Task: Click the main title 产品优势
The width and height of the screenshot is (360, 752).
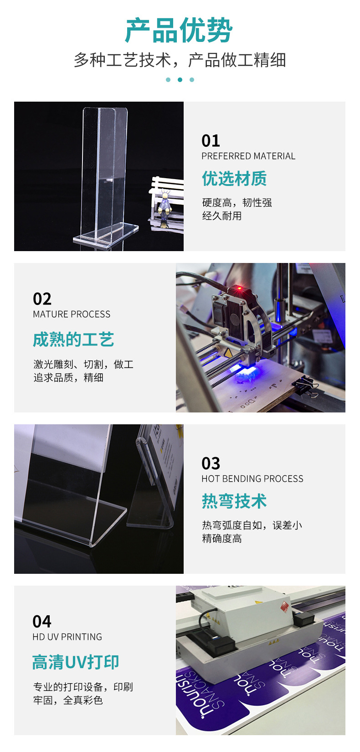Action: [x=179, y=31]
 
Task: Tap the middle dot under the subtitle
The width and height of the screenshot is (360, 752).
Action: [x=180, y=80]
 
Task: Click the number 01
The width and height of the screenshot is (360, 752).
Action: [x=211, y=140]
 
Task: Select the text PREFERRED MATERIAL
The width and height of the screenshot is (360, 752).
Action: [x=248, y=156]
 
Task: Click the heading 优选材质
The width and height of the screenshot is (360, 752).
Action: [x=234, y=179]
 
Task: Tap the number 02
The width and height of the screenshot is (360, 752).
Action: [x=42, y=299]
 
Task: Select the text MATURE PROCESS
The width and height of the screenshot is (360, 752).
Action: [x=72, y=314]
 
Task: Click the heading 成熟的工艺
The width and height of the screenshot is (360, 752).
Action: [x=73, y=340]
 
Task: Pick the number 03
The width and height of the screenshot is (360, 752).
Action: [x=211, y=464]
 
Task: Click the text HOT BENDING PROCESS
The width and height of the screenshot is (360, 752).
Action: [x=252, y=479]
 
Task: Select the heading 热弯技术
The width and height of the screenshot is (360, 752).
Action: [x=234, y=501]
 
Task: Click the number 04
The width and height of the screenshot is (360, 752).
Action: [x=42, y=622]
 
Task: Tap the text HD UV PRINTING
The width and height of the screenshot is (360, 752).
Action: [x=67, y=637]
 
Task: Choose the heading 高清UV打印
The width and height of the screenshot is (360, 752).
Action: [x=76, y=662]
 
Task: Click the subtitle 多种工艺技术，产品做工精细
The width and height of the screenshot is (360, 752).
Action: [x=180, y=60]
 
